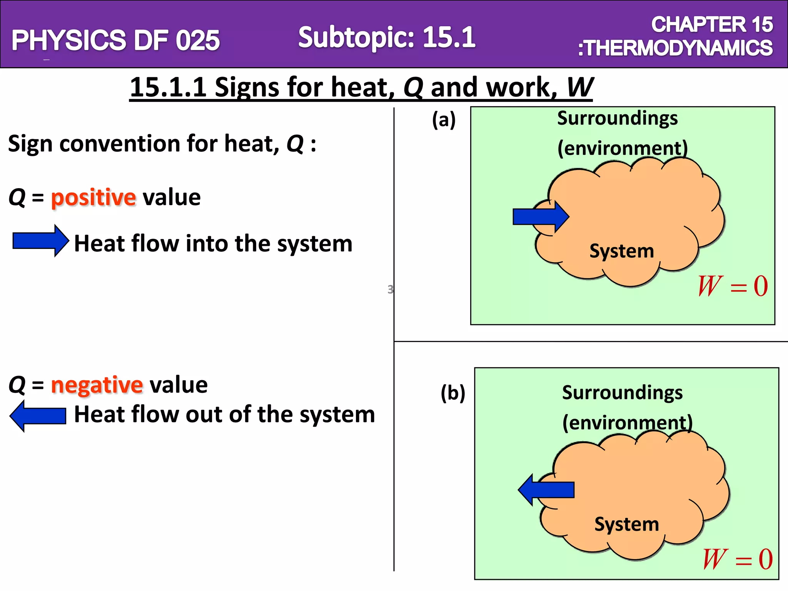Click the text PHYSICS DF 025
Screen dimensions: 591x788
(x=115, y=40)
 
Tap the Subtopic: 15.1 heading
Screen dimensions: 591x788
(x=387, y=37)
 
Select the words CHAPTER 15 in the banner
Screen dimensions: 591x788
(x=712, y=25)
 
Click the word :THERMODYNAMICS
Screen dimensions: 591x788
(x=675, y=48)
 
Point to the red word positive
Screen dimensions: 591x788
(x=93, y=198)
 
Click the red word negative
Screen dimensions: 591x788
(x=97, y=385)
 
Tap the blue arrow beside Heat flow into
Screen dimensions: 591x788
(x=40, y=241)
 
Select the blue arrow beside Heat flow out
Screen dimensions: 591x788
(x=38, y=416)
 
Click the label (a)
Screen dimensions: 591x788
(x=444, y=120)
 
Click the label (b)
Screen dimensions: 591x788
(x=453, y=393)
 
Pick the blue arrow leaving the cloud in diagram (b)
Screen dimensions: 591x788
(x=546, y=490)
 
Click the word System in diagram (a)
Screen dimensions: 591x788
(x=622, y=251)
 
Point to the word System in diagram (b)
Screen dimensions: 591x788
(x=627, y=524)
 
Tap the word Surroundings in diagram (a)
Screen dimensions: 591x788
(x=618, y=118)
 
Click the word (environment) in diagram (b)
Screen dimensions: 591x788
(x=628, y=423)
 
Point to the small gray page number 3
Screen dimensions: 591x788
(x=390, y=289)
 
